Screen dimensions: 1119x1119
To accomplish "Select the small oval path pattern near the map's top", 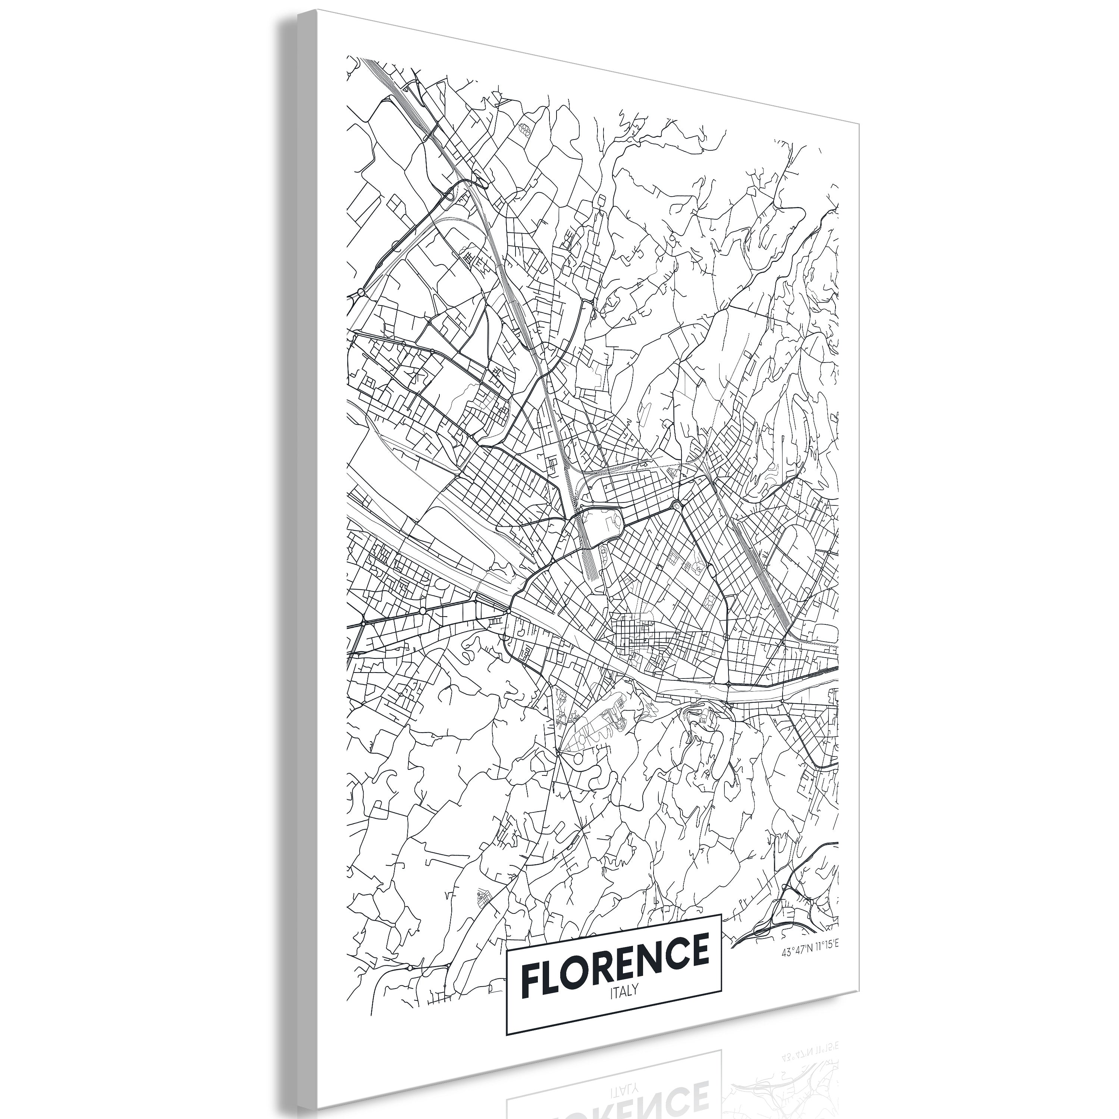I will [x=525, y=130].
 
